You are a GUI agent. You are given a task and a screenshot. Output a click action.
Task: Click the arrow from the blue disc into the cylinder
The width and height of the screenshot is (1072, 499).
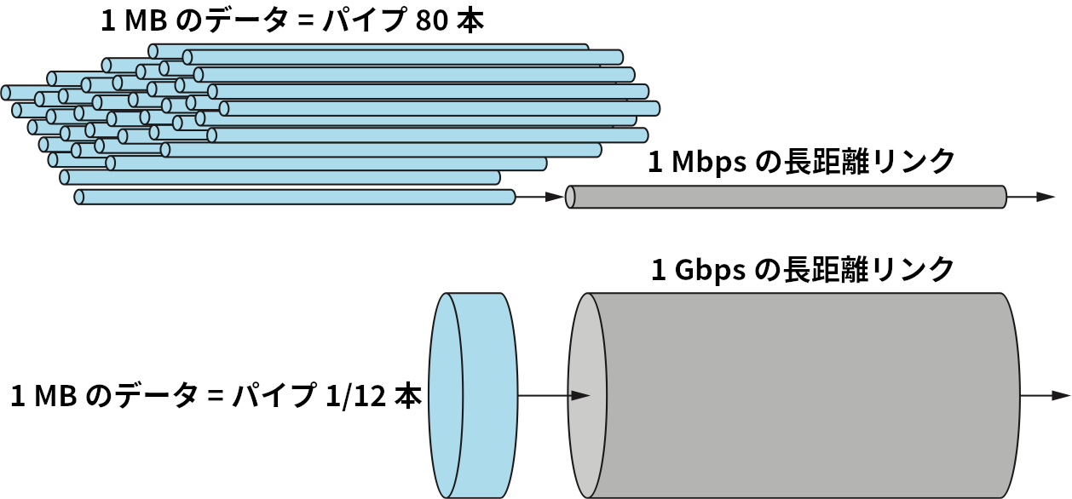555,395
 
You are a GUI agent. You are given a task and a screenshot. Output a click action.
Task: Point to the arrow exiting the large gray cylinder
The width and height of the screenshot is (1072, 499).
1046,395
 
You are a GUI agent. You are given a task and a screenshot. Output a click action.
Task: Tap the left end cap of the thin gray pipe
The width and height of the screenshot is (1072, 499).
571,197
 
